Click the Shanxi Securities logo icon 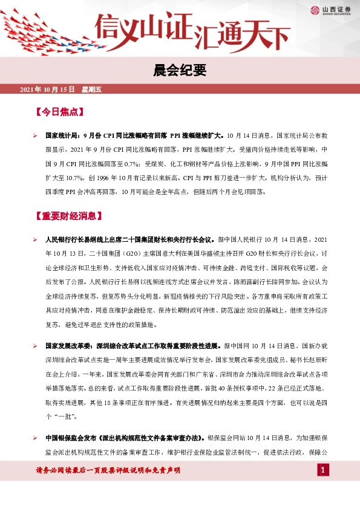[315, 10]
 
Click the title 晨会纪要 [180, 71]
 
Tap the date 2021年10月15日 [47, 89]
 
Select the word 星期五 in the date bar [92, 89]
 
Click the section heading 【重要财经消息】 [68, 216]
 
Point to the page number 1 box [323, 470]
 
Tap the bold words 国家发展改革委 [65, 345]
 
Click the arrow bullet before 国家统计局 [36, 137]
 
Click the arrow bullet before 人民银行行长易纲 [36, 241]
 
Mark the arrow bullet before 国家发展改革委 [36, 345]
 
